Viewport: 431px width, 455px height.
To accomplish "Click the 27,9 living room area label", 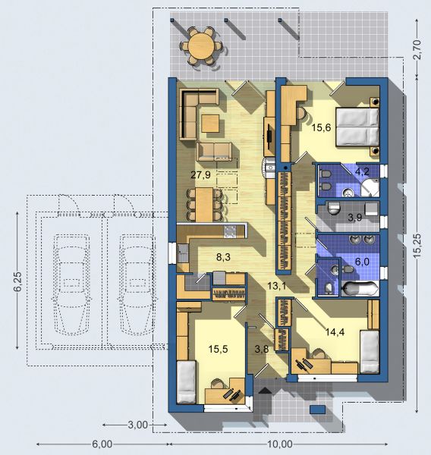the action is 200,175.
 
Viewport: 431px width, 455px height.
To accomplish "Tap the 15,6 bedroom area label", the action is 321,127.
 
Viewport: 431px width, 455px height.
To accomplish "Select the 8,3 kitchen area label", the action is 223,257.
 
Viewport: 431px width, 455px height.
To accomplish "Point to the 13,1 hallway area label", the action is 277,286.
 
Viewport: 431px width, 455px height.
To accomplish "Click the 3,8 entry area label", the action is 262,350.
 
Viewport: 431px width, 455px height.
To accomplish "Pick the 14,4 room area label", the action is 335,332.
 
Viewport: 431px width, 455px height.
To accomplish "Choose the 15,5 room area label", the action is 218,350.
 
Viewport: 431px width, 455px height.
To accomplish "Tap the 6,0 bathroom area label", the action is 362,262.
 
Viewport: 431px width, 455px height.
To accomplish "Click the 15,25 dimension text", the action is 417,246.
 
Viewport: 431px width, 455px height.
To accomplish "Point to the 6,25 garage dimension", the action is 17,281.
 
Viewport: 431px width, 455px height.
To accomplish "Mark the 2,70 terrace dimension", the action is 417,49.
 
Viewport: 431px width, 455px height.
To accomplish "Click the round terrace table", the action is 201,45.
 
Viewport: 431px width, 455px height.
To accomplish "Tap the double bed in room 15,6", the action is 357,127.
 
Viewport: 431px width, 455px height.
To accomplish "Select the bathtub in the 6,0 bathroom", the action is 360,289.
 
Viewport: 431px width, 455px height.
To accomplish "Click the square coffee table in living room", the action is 210,124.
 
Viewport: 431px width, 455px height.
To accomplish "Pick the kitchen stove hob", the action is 230,231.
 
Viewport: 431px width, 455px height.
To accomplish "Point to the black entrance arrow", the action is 265,391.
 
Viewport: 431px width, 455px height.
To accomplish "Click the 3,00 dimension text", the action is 138,425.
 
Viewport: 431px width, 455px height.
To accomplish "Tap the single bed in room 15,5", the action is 186,381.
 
